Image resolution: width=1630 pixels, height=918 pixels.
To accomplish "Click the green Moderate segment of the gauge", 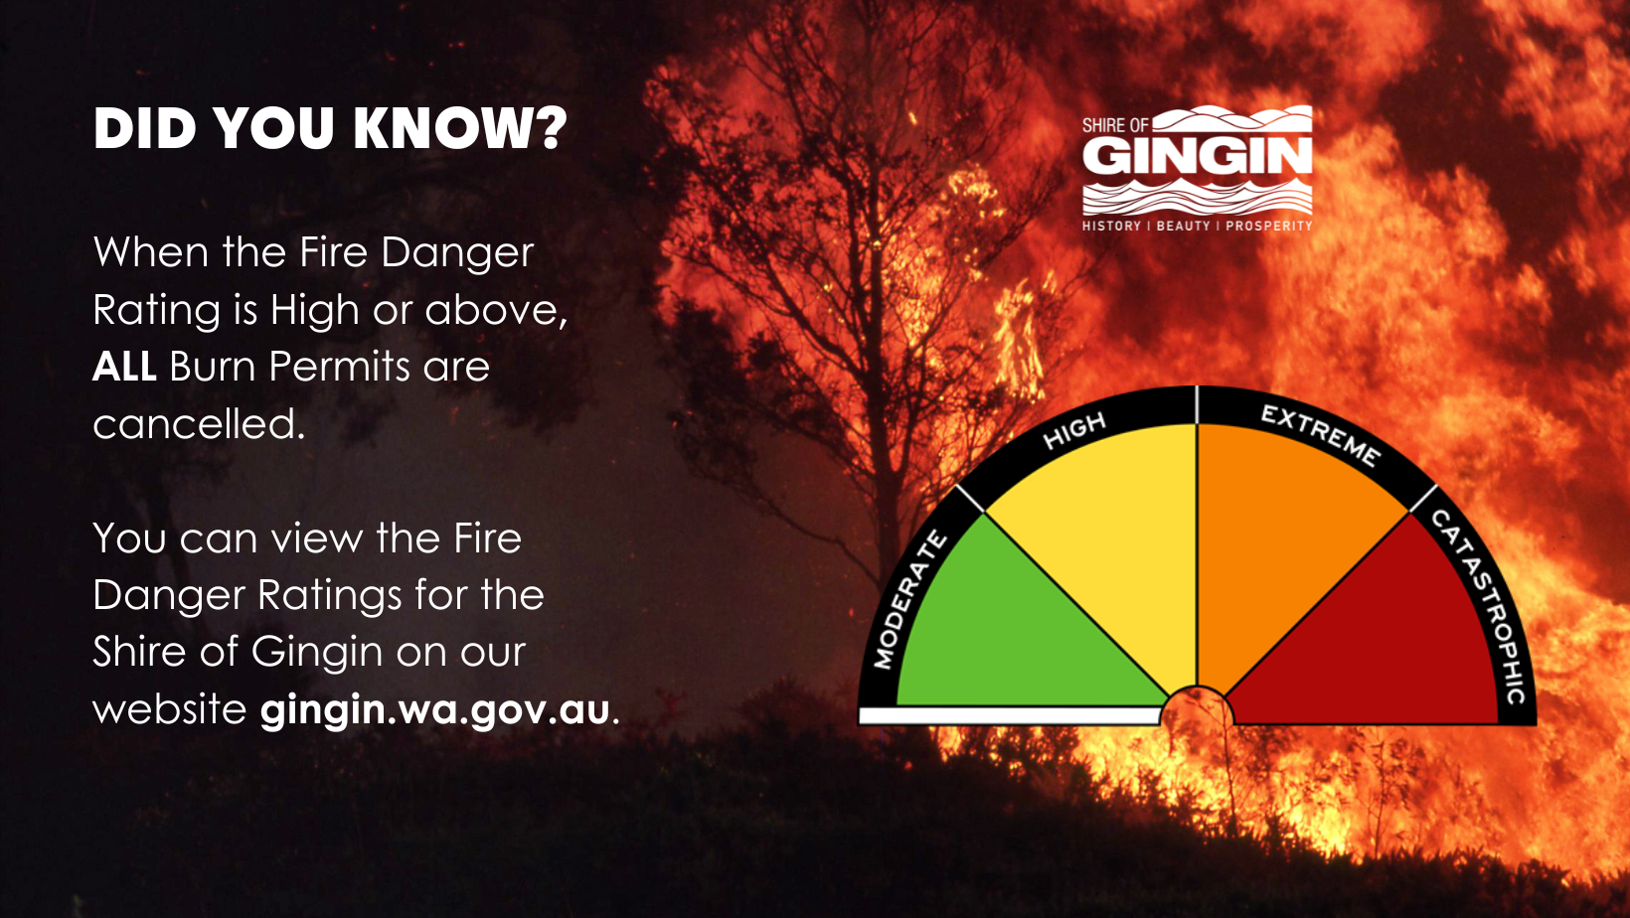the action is coord(1012,633).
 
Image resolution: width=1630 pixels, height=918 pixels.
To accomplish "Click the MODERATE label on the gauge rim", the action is coord(909,601).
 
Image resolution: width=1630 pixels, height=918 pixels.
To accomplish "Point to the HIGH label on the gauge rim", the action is coord(1074,431).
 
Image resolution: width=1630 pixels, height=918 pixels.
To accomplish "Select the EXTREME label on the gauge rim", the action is coord(1320,436).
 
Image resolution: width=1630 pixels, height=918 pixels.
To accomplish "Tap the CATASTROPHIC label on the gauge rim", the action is coord(1479,607).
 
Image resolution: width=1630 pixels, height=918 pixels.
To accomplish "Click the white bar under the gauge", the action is coord(1010,715).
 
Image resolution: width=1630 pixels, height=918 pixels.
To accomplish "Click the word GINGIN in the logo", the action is coord(1197,156).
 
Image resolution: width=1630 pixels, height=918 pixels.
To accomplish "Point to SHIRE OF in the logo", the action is coord(1115,125).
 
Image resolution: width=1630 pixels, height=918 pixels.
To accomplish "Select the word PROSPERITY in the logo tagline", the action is coord(1269,227).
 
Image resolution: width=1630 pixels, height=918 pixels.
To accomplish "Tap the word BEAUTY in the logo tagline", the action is coord(1183,227).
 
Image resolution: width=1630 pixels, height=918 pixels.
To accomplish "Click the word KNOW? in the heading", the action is coord(460,129).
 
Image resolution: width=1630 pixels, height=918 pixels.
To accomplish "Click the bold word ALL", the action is coord(124,366).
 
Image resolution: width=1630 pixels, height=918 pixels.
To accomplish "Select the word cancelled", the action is coord(199,423).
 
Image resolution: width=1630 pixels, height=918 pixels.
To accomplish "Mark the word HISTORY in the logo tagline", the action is coord(1111,227).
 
